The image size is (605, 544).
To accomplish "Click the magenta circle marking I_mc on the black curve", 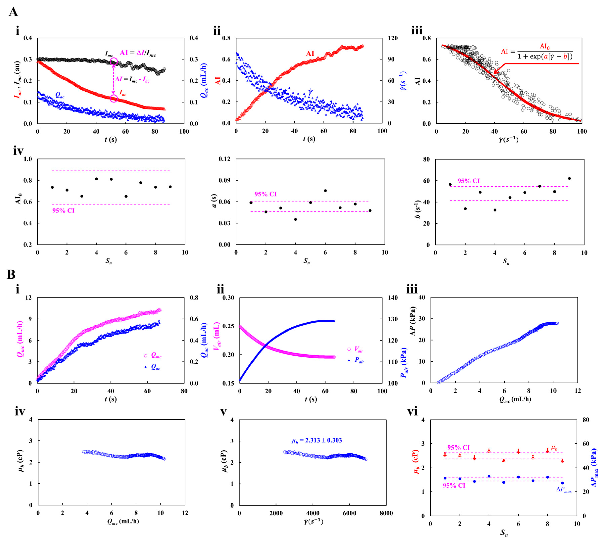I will pyautogui.click(x=114, y=62).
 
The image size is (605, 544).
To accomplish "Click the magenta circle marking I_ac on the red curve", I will pyautogui.click(x=114, y=98).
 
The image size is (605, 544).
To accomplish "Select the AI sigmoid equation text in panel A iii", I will pyautogui.click(x=537, y=51).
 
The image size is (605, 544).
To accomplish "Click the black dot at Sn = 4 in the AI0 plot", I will pyautogui.click(x=96, y=179).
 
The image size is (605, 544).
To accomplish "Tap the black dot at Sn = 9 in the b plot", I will pyautogui.click(x=569, y=178).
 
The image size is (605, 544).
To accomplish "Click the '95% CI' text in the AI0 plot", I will pyautogui.click(x=63, y=211).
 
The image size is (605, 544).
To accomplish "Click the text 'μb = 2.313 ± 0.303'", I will pyautogui.click(x=317, y=441).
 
